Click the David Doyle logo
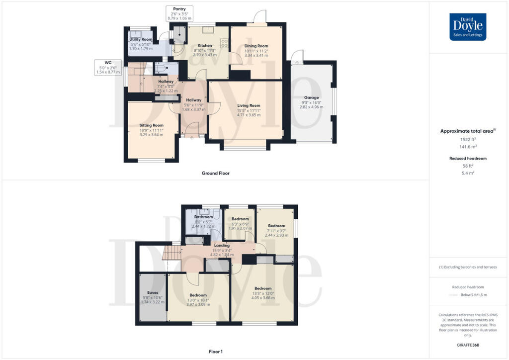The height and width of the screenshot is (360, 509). coord(468,27)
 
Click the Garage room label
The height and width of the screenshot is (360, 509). coord(312,97)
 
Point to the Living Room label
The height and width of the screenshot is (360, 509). coord(249,105)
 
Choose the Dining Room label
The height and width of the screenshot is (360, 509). coord(256,46)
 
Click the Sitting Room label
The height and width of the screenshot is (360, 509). coord(151,125)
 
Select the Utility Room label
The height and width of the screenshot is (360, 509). coord(141,39)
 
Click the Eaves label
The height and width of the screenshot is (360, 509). coord(152,293)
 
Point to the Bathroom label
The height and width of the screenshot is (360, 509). coord(203,217)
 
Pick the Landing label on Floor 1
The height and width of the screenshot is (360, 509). coord(221,246)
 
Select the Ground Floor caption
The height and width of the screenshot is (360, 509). coord(216,173)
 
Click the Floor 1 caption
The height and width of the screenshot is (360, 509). coord(216,352)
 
